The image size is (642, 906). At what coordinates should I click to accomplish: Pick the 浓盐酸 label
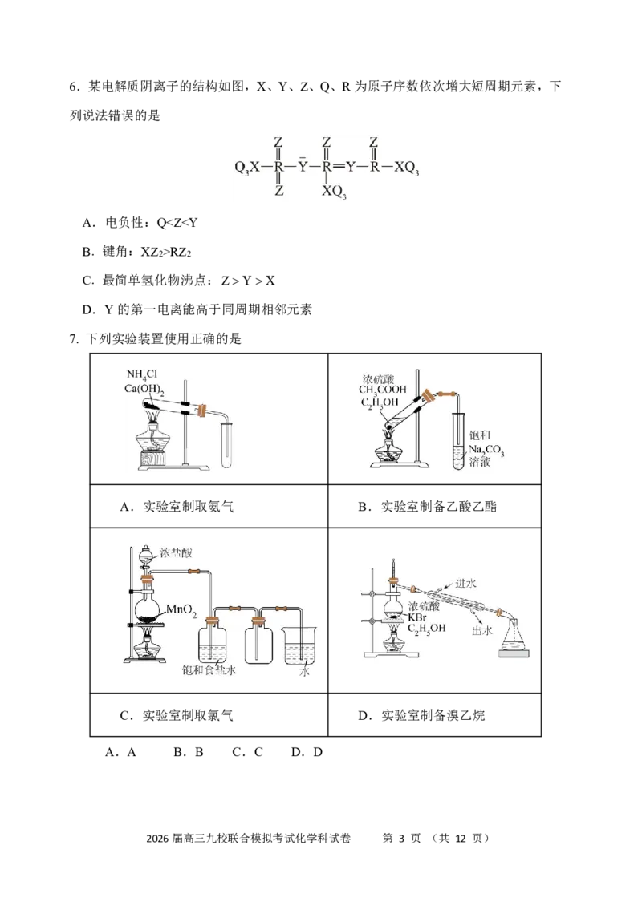(x=176, y=552)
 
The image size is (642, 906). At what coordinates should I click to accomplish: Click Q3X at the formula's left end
(x=246, y=168)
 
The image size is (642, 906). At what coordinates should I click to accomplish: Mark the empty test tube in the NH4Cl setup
(x=227, y=445)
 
